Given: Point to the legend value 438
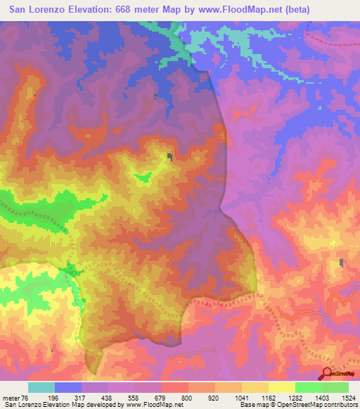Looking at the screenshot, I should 108,398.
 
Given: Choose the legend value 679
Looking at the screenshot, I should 162,398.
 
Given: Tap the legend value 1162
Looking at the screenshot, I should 268,398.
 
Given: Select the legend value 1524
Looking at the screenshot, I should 348,398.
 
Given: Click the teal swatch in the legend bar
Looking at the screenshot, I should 41,387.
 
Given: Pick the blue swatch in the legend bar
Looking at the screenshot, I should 68,387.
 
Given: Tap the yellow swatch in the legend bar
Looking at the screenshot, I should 282,387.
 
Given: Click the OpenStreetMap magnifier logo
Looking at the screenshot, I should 328,374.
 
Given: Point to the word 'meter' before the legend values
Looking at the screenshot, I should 11,398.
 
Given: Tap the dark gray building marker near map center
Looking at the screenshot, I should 169,157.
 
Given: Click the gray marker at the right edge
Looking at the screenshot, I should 342,263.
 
